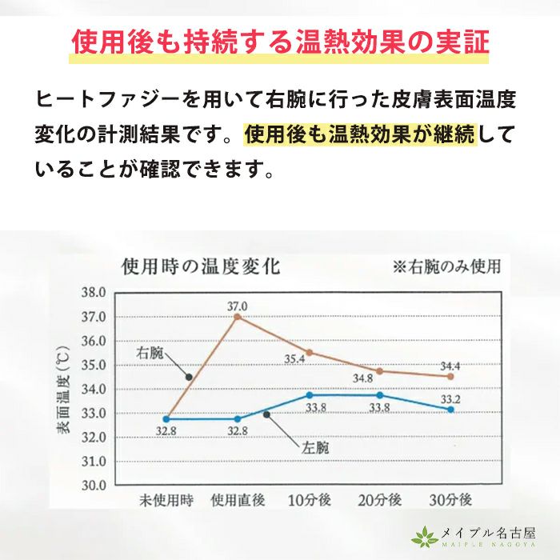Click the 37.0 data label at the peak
click(238, 306)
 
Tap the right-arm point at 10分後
click(309, 352)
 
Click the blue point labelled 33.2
click(451, 409)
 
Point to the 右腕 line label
click(153, 352)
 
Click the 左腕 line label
click(315, 448)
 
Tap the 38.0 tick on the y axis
click(93, 293)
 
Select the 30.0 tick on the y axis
click(93, 485)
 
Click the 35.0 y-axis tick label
click(93, 365)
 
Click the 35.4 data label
click(295, 359)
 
